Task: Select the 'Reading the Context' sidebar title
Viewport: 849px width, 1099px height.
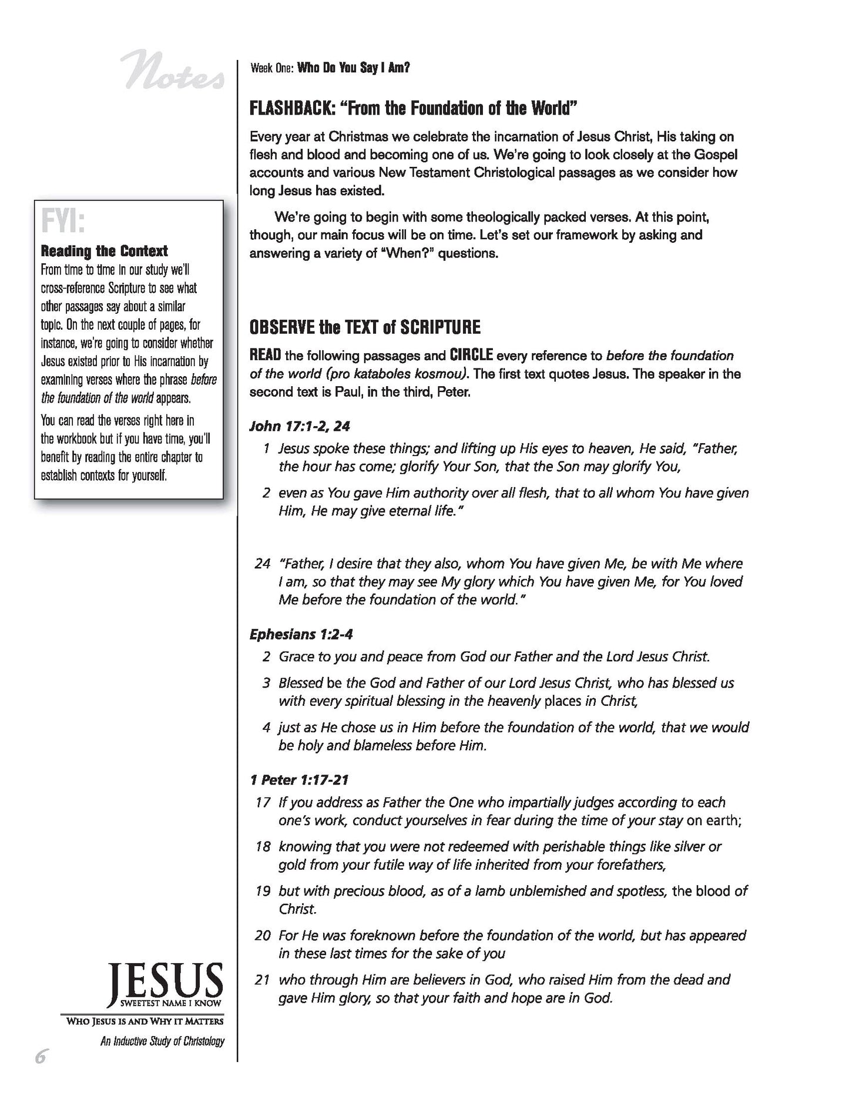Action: click(104, 252)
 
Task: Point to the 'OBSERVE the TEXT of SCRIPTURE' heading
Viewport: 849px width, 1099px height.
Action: click(365, 327)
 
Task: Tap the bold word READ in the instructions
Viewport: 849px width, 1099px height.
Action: click(265, 356)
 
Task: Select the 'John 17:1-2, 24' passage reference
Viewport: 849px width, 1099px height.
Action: click(300, 425)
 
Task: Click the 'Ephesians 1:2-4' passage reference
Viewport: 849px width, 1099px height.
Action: click(301, 634)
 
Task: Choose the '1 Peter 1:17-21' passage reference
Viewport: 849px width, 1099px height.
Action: click(299, 780)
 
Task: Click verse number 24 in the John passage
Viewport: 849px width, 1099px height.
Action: click(262, 564)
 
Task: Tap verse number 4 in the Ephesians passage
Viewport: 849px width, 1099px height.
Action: click(266, 728)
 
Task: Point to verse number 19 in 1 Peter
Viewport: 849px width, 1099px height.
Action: click(262, 891)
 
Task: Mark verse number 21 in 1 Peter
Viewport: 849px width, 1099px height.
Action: click(262, 980)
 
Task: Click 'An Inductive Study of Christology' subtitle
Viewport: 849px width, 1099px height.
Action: click(162, 1041)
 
